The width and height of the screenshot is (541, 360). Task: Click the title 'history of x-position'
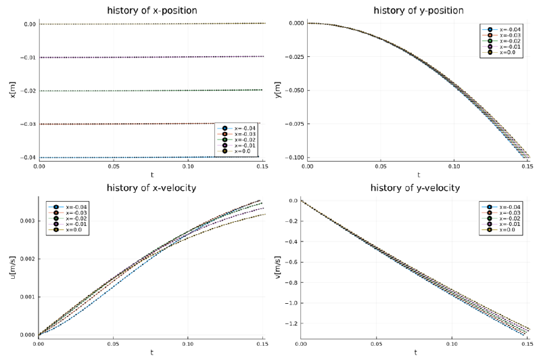(151, 10)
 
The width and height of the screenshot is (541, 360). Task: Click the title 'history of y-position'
(419, 10)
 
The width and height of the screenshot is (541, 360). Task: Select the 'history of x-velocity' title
(151, 187)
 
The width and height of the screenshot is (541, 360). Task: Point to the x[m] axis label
(12, 90)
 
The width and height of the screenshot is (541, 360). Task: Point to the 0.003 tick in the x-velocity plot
(25, 221)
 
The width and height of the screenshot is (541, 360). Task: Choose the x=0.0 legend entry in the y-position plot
(509, 52)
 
